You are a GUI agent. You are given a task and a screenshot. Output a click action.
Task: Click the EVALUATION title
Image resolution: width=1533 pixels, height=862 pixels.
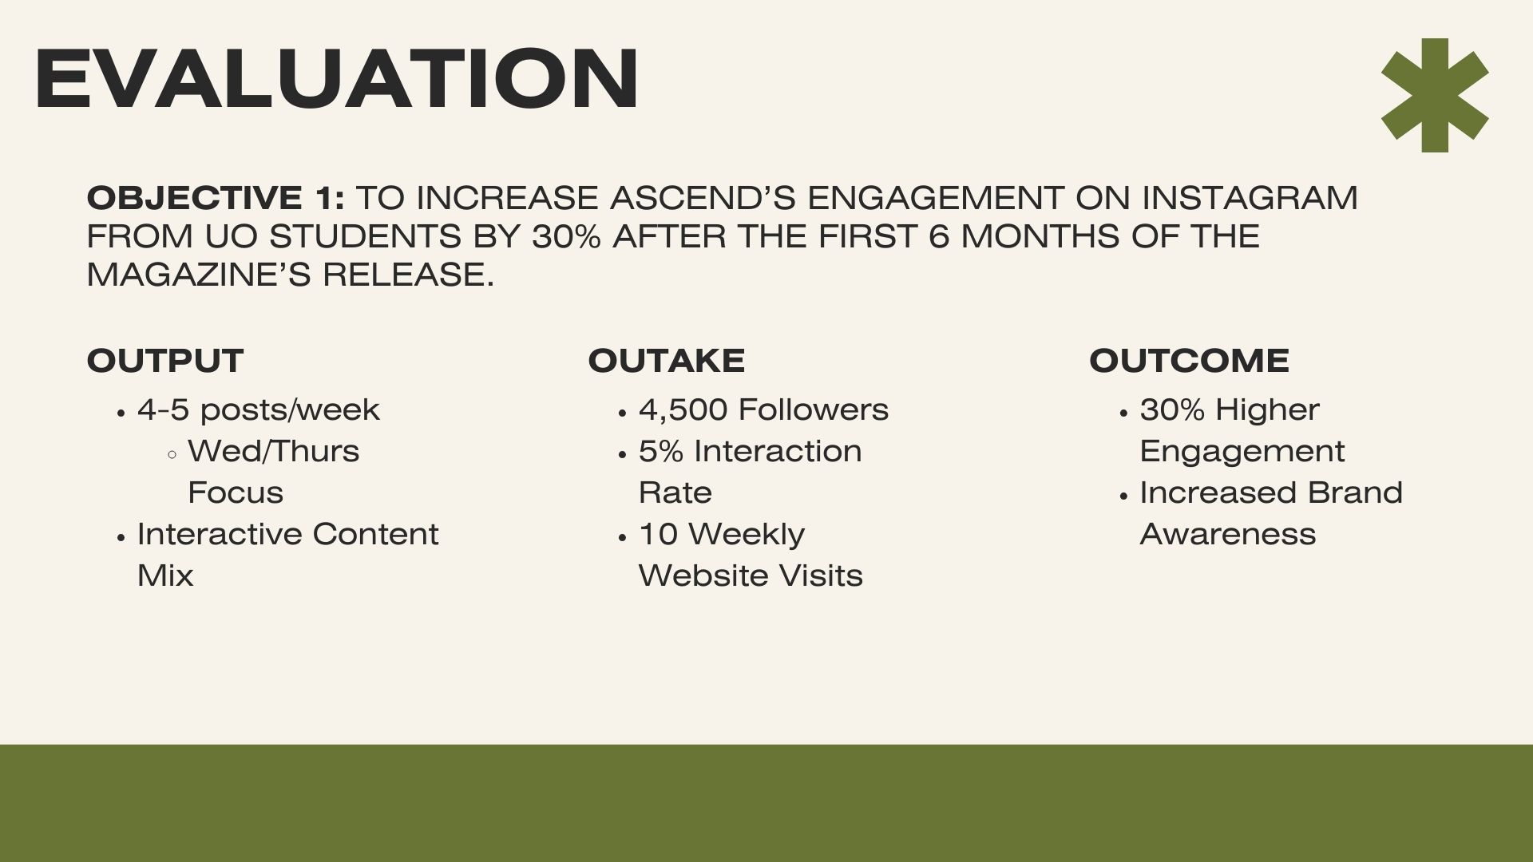[336, 78]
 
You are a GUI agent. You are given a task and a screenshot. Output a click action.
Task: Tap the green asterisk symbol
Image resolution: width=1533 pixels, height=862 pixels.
[1435, 95]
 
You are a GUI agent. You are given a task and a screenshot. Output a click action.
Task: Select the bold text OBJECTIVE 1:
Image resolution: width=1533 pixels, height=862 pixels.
[216, 198]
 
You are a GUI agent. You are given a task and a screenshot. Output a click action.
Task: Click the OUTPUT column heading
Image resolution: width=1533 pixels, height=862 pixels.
[165, 361]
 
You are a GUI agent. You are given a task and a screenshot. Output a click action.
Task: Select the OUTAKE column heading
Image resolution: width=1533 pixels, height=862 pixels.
[667, 361]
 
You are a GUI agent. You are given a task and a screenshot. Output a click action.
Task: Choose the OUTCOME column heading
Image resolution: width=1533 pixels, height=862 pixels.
[1189, 361]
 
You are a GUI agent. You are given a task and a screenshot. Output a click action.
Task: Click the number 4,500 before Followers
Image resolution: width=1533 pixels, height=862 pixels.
[683, 410]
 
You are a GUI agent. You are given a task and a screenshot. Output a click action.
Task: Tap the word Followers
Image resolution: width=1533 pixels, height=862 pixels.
[814, 410]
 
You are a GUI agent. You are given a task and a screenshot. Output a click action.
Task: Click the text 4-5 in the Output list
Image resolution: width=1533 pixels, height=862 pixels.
[164, 410]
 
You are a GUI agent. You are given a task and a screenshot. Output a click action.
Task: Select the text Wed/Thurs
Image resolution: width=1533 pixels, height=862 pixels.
[274, 452]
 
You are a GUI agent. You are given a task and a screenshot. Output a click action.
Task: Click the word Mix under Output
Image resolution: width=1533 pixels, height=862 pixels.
[165, 575]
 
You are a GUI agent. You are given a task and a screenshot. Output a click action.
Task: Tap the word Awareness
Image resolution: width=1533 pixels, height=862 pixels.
[1228, 534]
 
